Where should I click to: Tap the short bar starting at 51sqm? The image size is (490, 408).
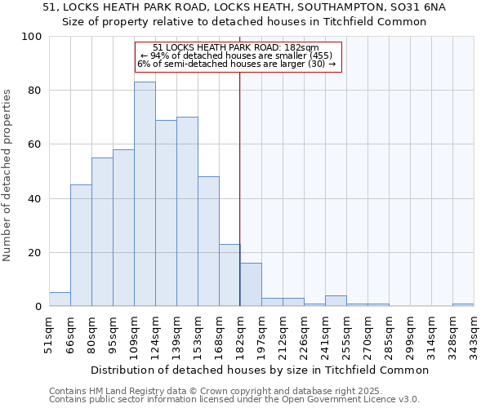(x=60, y=299)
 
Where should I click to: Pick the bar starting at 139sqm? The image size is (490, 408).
(x=187, y=212)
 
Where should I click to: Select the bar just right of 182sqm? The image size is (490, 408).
(x=251, y=285)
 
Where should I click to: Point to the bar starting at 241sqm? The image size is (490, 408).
(x=336, y=301)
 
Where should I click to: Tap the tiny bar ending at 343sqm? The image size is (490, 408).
(x=463, y=305)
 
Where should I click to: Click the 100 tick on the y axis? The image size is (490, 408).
(x=33, y=37)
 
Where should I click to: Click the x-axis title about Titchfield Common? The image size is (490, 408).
(x=260, y=370)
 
